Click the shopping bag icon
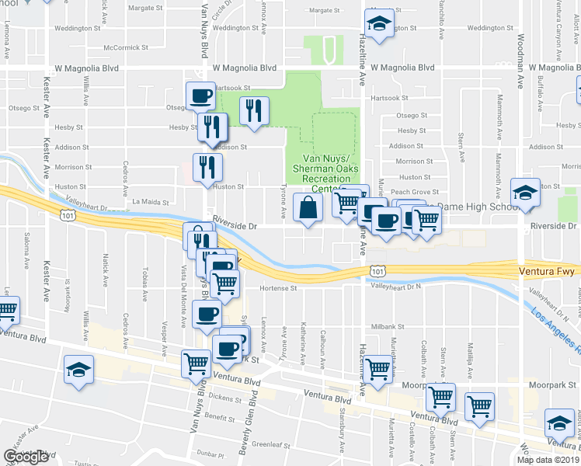point(308,207)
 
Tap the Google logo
point(26,457)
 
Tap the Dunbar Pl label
point(209,453)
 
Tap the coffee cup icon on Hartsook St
point(200,96)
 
